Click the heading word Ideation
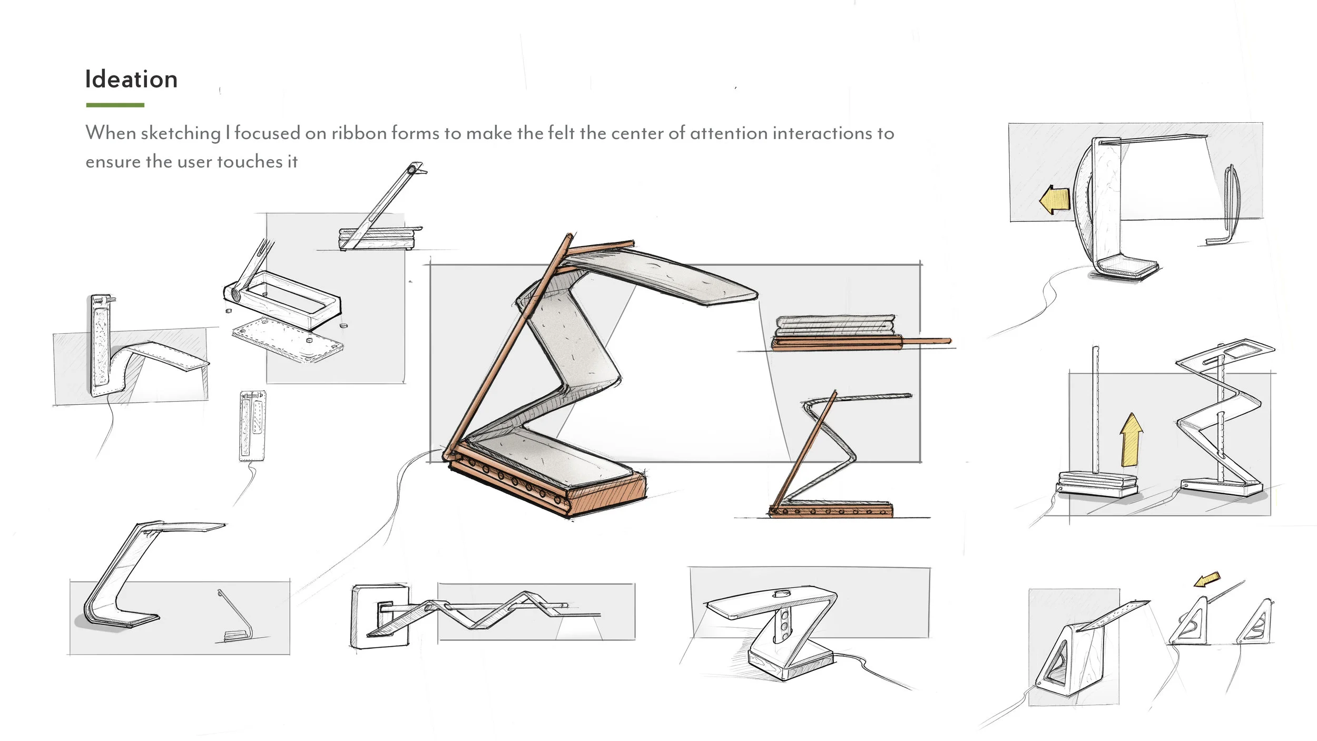(x=131, y=80)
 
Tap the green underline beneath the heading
(x=115, y=105)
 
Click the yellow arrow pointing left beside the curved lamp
(x=1054, y=200)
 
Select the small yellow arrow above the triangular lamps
(x=1207, y=580)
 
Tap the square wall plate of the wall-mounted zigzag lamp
(x=379, y=616)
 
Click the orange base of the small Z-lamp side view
(x=831, y=510)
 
